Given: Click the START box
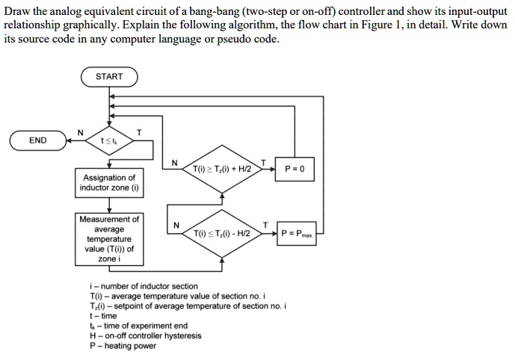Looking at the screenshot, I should click(x=109, y=77).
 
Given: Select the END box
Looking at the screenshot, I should click(x=37, y=140).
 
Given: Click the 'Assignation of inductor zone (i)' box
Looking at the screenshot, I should click(x=109, y=183).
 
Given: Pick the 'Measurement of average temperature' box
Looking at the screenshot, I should click(x=109, y=239).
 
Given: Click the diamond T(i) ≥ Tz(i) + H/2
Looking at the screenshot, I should click(x=222, y=170).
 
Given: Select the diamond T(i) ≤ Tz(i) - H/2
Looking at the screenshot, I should click(x=222, y=234).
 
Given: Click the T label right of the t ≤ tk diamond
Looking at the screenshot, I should click(x=138, y=133).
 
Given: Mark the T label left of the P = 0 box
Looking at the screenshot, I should click(x=262, y=161).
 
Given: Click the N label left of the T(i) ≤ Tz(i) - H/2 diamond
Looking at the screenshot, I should click(x=176, y=226).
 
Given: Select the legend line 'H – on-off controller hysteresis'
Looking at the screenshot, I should click(x=145, y=336).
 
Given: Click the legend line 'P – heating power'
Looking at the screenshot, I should click(x=123, y=346).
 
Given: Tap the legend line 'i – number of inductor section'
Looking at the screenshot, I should click(x=144, y=286).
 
